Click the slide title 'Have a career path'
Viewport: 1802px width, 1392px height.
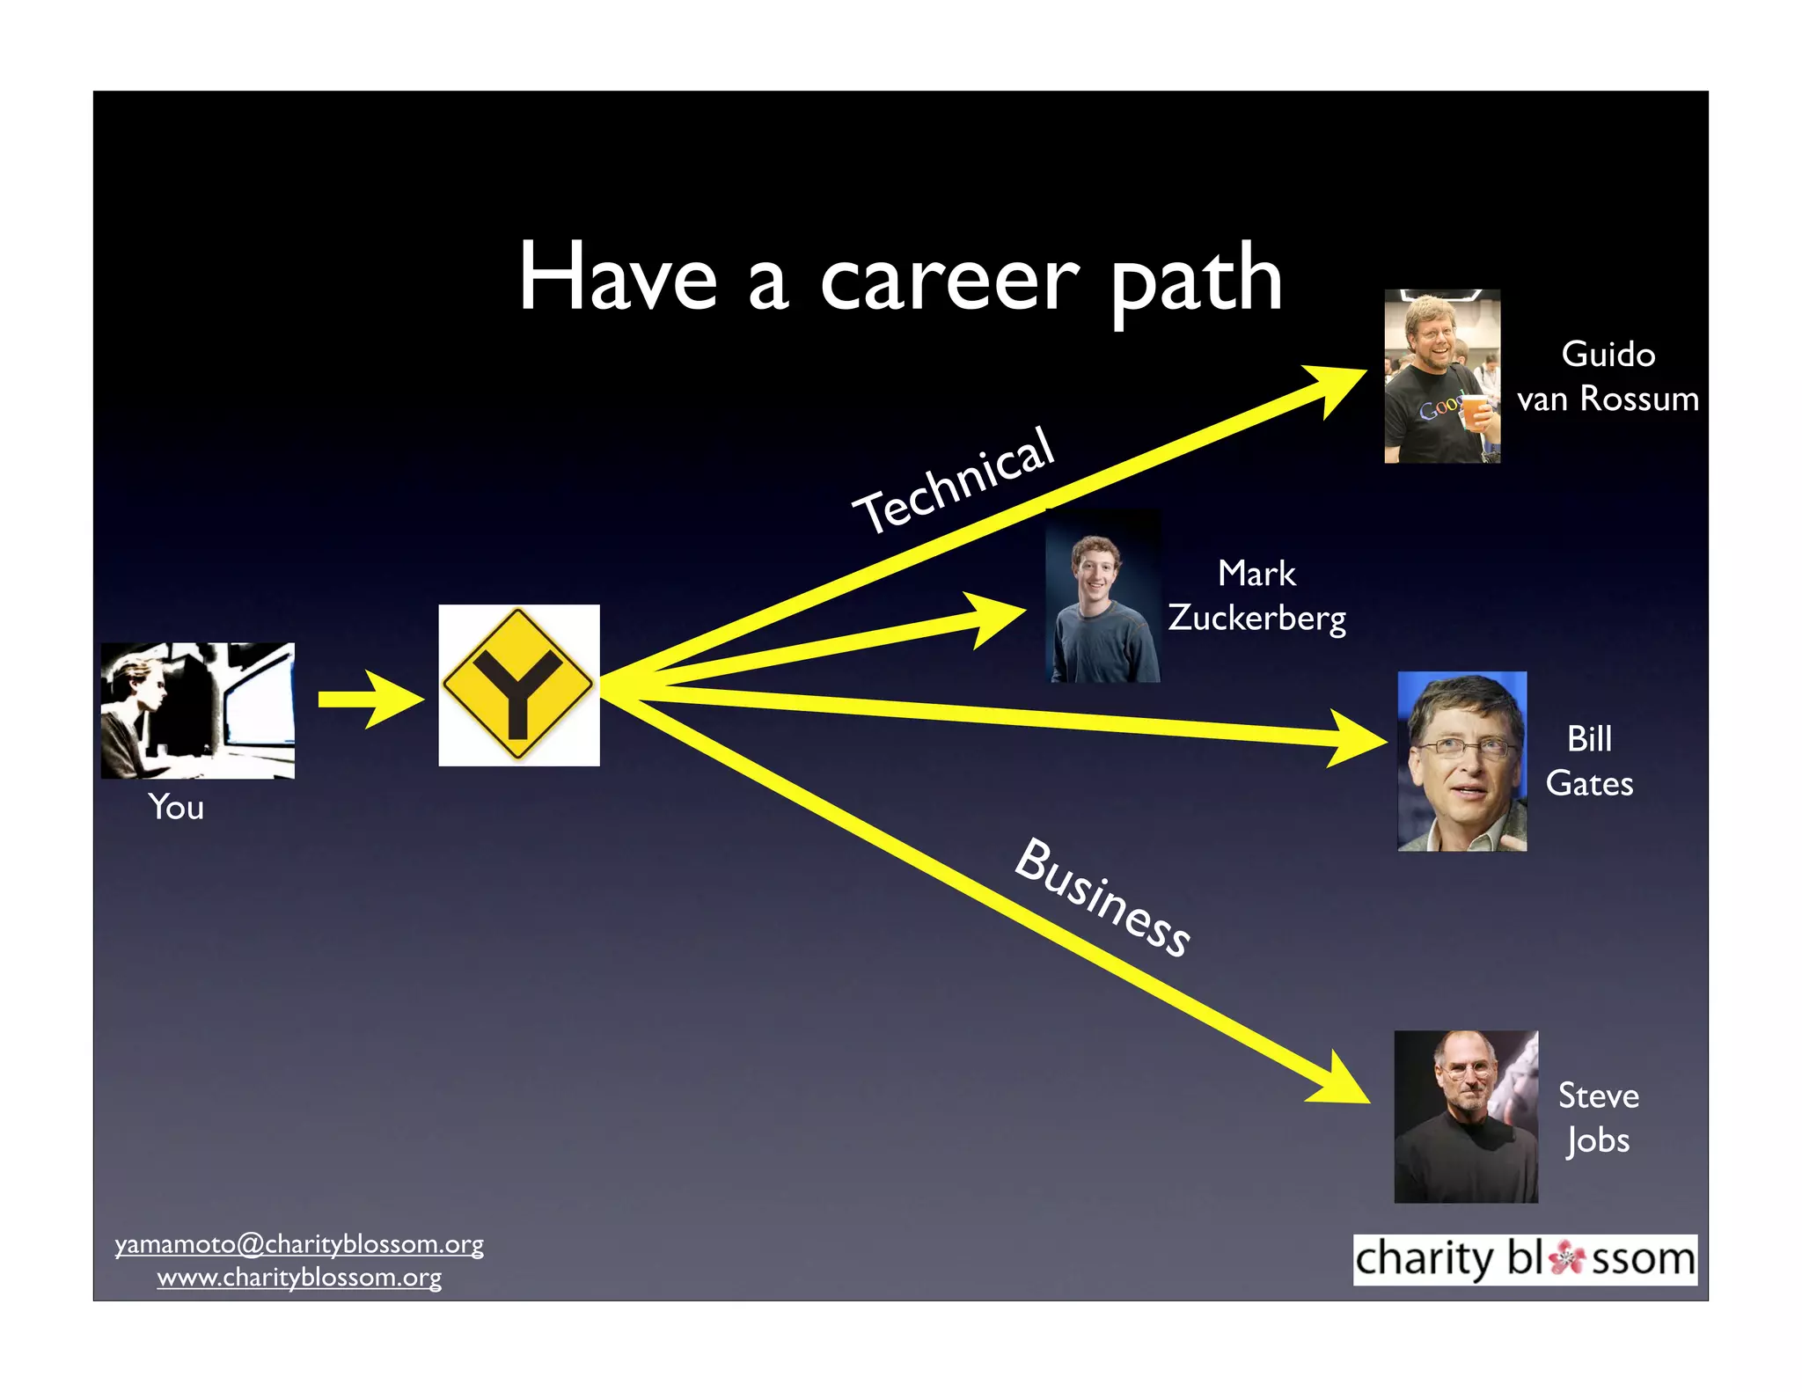pyautogui.click(x=899, y=277)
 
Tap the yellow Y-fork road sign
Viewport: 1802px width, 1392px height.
pyautogui.click(x=518, y=685)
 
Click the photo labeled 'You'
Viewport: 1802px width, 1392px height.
pyautogui.click(x=197, y=710)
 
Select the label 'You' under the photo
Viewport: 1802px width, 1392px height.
pyautogui.click(x=176, y=807)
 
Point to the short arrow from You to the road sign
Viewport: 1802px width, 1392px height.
pyautogui.click(x=370, y=700)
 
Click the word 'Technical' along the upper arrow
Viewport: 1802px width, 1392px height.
pyautogui.click(x=954, y=480)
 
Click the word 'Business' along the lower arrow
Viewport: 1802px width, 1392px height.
pyautogui.click(x=1103, y=897)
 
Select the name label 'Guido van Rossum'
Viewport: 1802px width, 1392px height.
pyautogui.click(x=1608, y=377)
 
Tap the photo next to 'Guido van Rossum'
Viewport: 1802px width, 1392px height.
pyautogui.click(x=1441, y=376)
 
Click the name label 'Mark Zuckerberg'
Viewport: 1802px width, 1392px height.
pyautogui.click(x=1256, y=596)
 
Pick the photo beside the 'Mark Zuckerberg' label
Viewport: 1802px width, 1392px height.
pyautogui.click(x=1102, y=596)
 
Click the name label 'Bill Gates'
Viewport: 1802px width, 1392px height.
pyautogui.click(x=1589, y=761)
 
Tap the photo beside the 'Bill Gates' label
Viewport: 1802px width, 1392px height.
pyautogui.click(x=1461, y=761)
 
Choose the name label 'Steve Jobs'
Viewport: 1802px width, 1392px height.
pyautogui.click(x=1598, y=1117)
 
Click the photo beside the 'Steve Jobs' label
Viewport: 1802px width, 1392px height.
pyautogui.click(x=1466, y=1117)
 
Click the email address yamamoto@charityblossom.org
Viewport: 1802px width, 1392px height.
pyautogui.click(x=299, y=1244)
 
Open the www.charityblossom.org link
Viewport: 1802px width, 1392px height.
pyautogui.click(x=299, y=1277)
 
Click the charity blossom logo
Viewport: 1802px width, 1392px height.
pyautogui.click(x=1524, y=1259)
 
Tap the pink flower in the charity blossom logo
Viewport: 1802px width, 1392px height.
pyautogui.click(x=1566, y=1258)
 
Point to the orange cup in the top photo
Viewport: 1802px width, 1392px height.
pyautogui.click(x=1475, y=412)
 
